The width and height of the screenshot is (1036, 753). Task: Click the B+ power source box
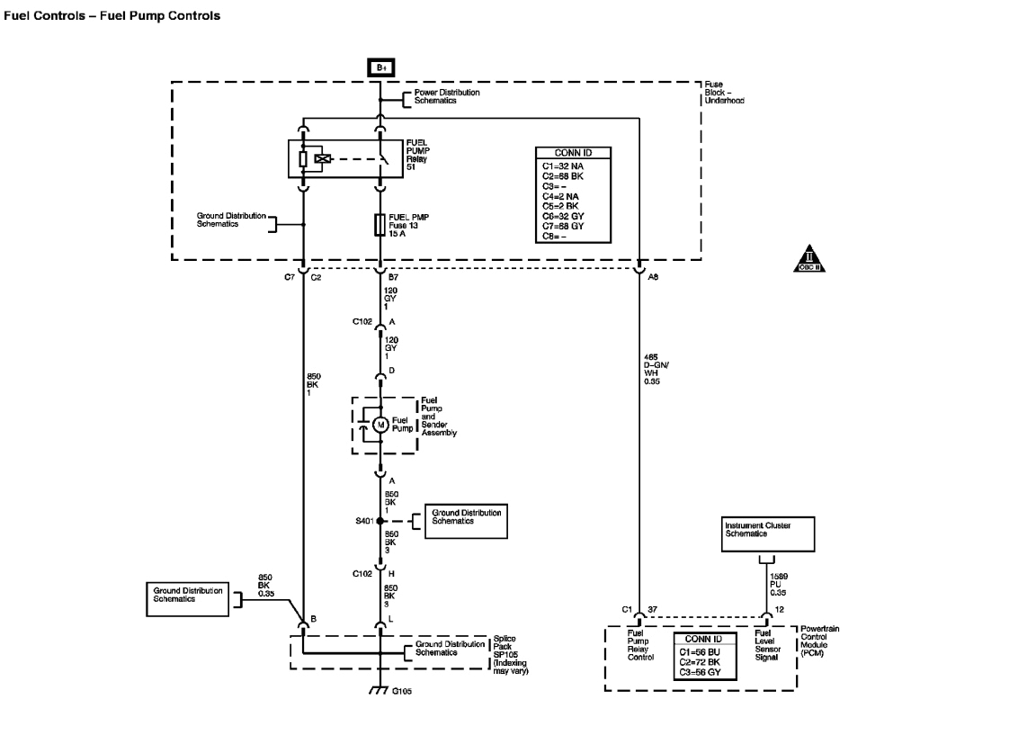pos(380,67)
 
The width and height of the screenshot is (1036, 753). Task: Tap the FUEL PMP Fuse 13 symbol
pos(380,224)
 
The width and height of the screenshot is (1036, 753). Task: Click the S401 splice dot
pos(380,521)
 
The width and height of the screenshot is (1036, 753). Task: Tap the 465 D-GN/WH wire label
pos(657,368)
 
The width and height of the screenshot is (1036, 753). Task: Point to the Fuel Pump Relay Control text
pos(640,645)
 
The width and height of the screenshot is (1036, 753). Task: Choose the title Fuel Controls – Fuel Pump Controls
pos(112,16)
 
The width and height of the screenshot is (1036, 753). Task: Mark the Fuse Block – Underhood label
pos(724,93)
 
